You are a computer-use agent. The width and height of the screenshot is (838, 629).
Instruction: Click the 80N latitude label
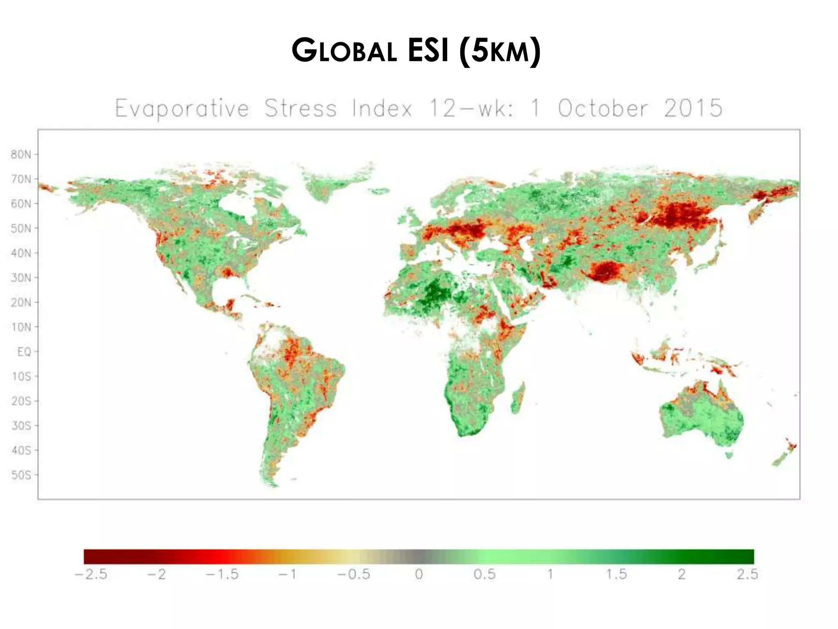point(21,154)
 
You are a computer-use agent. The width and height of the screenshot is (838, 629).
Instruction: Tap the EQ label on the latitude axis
point(24,352)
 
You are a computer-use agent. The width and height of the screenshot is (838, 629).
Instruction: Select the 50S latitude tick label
point(21,475)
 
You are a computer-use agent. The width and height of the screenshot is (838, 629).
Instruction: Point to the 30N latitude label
point(21,278)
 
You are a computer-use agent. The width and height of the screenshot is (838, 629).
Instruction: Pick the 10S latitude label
point(21,376)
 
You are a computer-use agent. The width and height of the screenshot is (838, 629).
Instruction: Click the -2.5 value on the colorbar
point(91,574)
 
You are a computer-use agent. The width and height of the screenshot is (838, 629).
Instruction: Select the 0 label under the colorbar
point(419,574)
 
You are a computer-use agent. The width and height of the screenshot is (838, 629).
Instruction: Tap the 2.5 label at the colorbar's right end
point(747,574)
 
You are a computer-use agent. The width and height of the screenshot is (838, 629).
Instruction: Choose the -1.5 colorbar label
point(222,574)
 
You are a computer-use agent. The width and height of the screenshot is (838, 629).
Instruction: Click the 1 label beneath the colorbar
point(550,574)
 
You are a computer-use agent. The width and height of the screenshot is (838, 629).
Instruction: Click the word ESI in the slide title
point(428,51)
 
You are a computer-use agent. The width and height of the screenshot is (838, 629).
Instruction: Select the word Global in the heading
point(344,51)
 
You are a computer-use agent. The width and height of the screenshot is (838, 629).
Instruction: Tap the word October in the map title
point(603,109)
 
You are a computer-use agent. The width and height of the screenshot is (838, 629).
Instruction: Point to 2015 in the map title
point(693,109)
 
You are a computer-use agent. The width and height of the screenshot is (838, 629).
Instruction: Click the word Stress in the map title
point(300,109)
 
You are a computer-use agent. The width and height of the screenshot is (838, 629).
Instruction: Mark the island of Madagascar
point(518,398)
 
